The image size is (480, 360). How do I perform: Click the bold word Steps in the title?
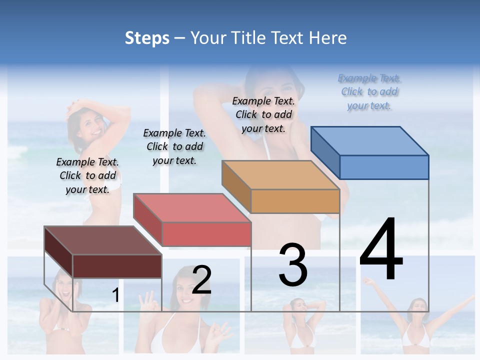(x=147, y=38)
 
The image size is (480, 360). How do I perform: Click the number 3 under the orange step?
(x=293, y=265)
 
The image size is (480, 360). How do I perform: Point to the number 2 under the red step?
(x=201, y=280)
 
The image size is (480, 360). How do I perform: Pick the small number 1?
(x=115, y=295)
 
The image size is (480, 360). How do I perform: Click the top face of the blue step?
(x=370, y=140)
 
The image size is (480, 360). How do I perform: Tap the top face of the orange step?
(x=280, y=175)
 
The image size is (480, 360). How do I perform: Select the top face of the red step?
(x=192, y=208)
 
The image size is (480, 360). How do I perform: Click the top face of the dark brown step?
(x=103, y=240)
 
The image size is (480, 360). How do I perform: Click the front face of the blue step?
(x=384, y=167)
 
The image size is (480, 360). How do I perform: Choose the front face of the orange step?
(x=295, y=201)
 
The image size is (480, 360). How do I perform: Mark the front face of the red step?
(x=206, y=234)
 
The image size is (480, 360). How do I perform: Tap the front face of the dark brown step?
(x=117, y=266)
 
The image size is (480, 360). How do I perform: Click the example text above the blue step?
(x=369, y=92)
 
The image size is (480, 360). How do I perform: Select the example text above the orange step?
(x=263, y=114)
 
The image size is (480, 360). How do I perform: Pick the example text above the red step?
(x=174, y=146)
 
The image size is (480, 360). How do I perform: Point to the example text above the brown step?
(x=87, y=175)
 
